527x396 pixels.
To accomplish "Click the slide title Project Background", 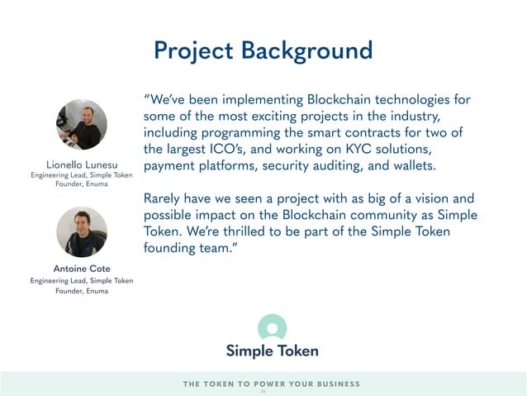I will (x=263, y=50).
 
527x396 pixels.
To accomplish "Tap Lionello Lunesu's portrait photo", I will (x=81, y=125).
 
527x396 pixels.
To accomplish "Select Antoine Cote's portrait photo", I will (x=81, y=231).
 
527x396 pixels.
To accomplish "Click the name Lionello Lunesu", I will (x=81, y=165).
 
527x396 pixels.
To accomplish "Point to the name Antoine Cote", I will (x=81, y=269).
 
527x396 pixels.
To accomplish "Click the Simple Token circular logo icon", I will (x=272, y=327).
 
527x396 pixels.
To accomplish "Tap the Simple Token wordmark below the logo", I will (x=272, y=351).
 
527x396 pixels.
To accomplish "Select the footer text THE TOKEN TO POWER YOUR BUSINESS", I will (x=271, y=384).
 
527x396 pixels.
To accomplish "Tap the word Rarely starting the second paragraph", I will (x=165, y=199).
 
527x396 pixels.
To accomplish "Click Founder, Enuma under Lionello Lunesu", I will (x=81, y=185).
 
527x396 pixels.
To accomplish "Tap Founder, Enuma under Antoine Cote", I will (x=81, y=291).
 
